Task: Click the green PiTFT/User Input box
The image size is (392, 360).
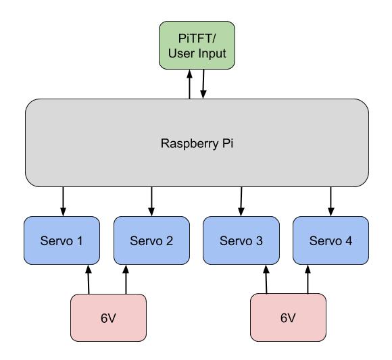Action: (x=197, y=45)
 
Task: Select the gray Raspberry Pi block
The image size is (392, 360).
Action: (x=197, y=143)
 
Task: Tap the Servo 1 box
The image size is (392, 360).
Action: (x=62, y=240)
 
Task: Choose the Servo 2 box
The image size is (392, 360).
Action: (x=152, y=240)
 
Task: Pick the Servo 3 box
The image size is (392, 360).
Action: (x=241, y=240)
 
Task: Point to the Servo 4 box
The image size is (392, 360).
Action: (x=330, y=240)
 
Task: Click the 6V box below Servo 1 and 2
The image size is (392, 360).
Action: (x=108, y=317)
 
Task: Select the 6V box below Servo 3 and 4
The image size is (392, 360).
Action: (x=288, y=317)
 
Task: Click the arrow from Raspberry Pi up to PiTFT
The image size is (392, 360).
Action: (x=189, y=84)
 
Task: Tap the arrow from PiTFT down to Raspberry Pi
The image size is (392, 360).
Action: (x=203, y=84)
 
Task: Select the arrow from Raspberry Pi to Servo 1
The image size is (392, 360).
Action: (x=64, y=201)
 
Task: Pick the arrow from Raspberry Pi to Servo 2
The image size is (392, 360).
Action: (x=151, y=201)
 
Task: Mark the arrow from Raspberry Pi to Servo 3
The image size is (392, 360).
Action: (x=241, y=201)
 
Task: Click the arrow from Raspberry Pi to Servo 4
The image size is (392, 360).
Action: (x=331, y=201)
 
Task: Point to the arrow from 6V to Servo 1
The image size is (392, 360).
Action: (x=89, y=280)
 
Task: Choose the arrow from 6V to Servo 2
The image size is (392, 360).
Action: (x=126, y=280)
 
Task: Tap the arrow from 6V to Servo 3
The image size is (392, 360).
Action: (x=266, y=280)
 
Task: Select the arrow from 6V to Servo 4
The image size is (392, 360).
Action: (x=308, y=280)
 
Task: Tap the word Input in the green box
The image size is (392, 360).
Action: (x=212, y=54)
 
